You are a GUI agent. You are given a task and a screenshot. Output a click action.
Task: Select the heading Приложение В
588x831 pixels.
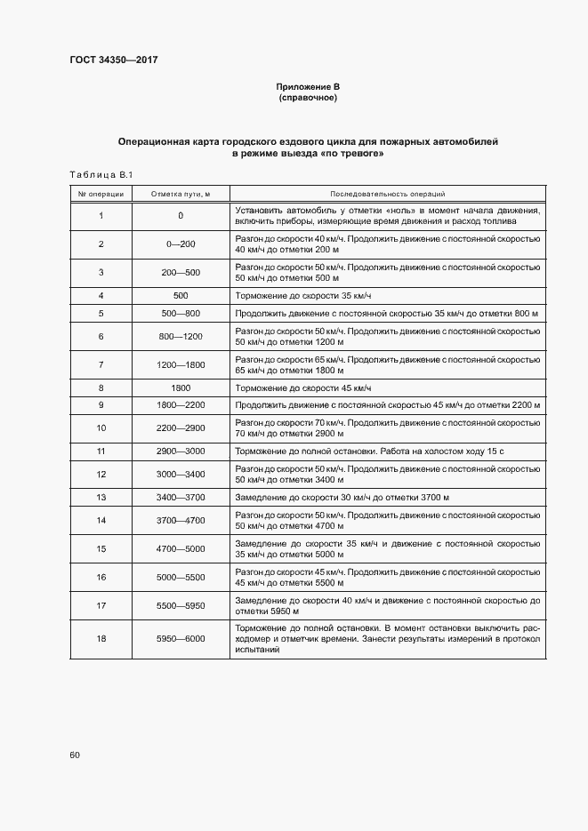click(308, 86)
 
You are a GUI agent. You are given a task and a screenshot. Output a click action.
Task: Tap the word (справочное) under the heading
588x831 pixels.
click(308, 98)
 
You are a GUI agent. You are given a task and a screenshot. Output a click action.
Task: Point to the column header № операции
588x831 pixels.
click(101, 193)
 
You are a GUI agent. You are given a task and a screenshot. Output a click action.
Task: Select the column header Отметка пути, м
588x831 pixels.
click(181, 193)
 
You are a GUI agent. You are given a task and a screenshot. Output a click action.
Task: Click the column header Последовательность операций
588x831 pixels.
click(387, 193)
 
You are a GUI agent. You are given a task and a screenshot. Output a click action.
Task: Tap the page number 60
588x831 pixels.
click(75, 755)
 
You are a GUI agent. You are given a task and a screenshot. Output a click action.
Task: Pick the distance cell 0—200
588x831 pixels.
click(181, 244)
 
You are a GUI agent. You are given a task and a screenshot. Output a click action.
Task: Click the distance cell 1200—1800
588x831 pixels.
click(181, 364)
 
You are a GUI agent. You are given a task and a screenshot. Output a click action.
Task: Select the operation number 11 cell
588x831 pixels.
click(101, 451)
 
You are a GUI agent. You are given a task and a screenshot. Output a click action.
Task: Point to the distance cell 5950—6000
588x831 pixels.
click(181, 639)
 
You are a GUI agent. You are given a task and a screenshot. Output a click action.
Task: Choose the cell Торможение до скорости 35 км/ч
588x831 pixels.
click(302, 295)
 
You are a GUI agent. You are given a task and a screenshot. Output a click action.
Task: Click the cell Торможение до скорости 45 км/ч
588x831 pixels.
click(302, 388)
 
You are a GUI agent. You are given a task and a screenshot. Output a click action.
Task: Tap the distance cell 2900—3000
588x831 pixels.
click(181, 451)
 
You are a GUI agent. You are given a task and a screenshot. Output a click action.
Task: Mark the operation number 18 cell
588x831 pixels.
click(101, 639)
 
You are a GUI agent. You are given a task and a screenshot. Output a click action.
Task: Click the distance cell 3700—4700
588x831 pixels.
click(181, 520)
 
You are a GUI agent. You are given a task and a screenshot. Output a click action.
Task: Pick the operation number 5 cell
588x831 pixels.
click(101, 314)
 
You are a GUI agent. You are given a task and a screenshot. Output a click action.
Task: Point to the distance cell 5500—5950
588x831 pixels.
click(181, 605)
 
